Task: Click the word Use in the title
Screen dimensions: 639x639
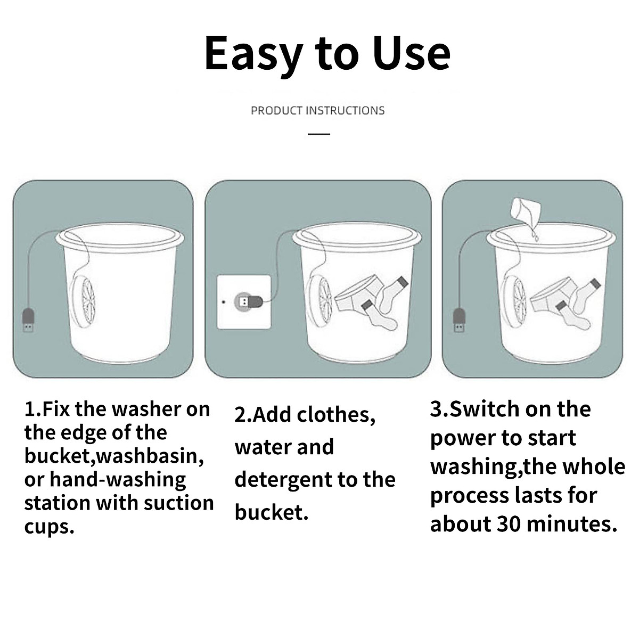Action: click(412, 53)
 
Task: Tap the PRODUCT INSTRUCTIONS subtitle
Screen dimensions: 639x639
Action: click(317, 111)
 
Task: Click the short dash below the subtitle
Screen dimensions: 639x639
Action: click(319, 134)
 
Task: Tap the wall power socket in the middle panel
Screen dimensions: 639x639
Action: click(244, 302)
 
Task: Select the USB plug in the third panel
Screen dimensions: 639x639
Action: click(459, 320)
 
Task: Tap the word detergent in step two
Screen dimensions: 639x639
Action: click(283, 480)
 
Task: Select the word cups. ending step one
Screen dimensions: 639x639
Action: click(49, 527)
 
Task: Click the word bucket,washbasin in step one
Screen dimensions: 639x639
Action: click(114, 456)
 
